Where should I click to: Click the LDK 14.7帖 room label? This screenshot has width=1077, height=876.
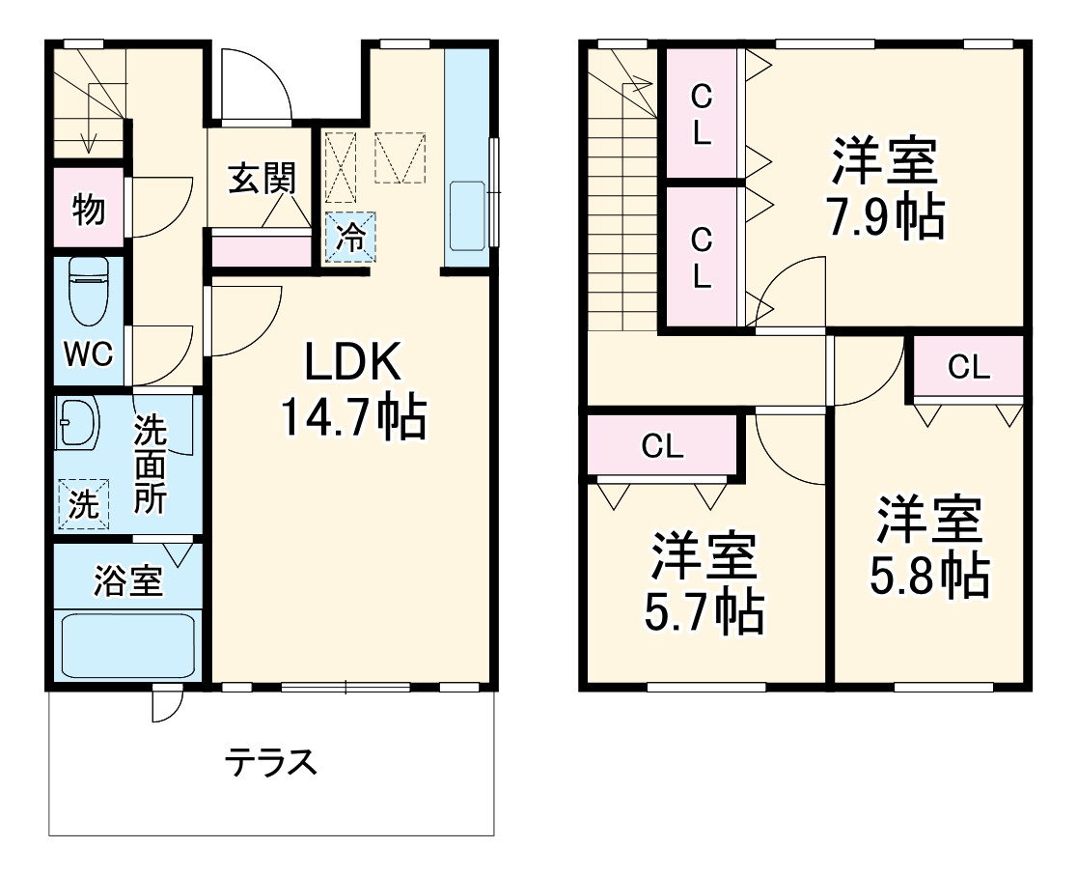[352, 390]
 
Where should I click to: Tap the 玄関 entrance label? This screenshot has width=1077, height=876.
[261, 179]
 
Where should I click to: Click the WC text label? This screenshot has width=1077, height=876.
[88, 354]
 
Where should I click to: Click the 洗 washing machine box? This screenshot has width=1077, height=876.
[83, 504]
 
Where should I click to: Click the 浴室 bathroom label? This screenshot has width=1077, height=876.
[127, 582]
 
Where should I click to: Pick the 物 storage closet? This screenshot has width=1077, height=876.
[89, 210]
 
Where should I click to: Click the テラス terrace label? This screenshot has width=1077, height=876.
[271, 763]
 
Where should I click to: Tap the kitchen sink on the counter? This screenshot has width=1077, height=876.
[468, 212]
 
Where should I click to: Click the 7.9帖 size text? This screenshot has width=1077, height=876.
[884, 219]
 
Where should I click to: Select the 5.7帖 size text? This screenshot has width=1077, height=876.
[704, 610]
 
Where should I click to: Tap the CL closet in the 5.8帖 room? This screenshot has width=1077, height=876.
[968, 367]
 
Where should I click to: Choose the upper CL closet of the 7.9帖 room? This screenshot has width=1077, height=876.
[702, 113]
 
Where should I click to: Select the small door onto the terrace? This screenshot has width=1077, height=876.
[167, 703]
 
